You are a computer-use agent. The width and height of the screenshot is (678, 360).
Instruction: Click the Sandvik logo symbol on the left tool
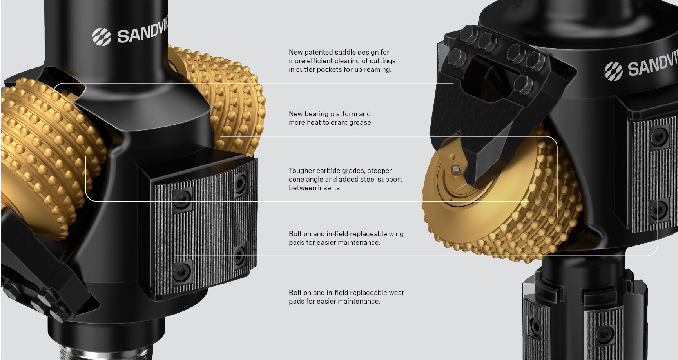(102, 36)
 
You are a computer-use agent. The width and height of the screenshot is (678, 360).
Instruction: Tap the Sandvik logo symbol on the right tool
(613, 71)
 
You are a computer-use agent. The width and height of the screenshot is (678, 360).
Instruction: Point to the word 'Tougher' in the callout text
(301, 171)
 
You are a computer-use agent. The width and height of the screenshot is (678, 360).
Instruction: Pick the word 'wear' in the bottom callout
(396, 293)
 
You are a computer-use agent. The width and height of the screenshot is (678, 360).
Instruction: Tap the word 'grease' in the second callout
(360, 123)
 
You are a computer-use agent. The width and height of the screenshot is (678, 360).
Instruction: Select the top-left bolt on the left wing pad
(181, 200)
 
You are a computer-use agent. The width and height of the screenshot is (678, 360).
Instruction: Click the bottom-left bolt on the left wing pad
(182, 271)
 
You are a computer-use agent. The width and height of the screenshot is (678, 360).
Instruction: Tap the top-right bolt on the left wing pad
(239, 182)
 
